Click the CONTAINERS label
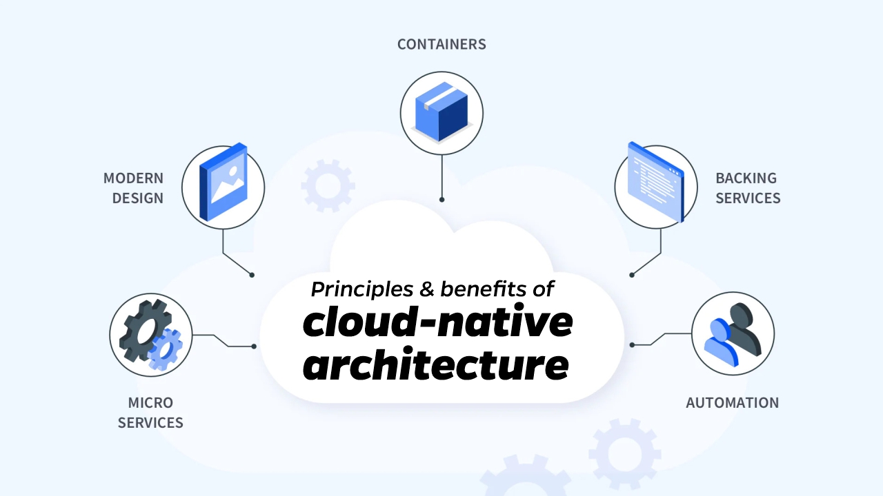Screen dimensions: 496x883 point(441,45)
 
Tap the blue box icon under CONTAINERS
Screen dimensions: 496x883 point(441,110)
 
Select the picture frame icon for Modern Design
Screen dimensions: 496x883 point(223,183)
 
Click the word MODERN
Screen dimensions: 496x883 point(133,178)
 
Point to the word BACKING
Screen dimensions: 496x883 point(746,178)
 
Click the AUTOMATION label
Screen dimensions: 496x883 point(732,403)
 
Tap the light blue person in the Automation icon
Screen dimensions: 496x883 point(720,341)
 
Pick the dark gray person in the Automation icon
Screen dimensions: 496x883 point(744,326)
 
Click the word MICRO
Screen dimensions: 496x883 point(150,403)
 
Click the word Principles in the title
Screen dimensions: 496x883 point(362,289)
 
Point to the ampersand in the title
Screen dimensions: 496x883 point(427,289)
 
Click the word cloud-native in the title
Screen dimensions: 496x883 point(437,322)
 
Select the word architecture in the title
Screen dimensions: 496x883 point(436,365)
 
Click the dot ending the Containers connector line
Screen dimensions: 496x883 point(441,200)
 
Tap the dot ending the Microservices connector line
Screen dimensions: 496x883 point(254,346)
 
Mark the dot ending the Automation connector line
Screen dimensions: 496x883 point(631,344)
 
